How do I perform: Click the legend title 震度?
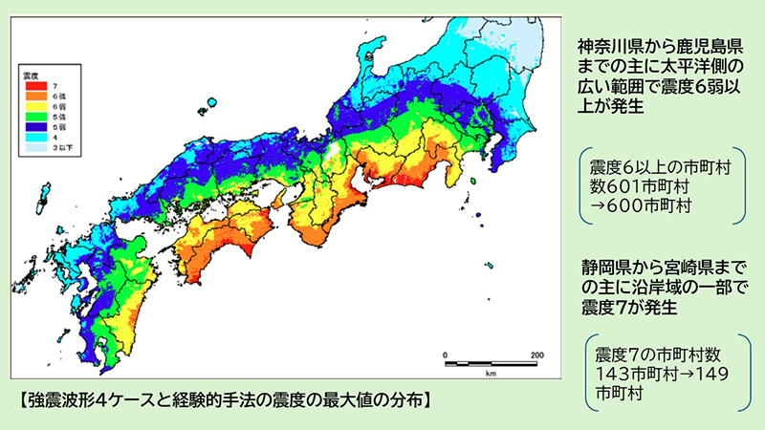[x=32, y=73]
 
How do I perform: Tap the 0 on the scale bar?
[x=446, y=355]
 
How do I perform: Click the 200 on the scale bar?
[x=536, y=355]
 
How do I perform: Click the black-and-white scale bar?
[x=492, y=364]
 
